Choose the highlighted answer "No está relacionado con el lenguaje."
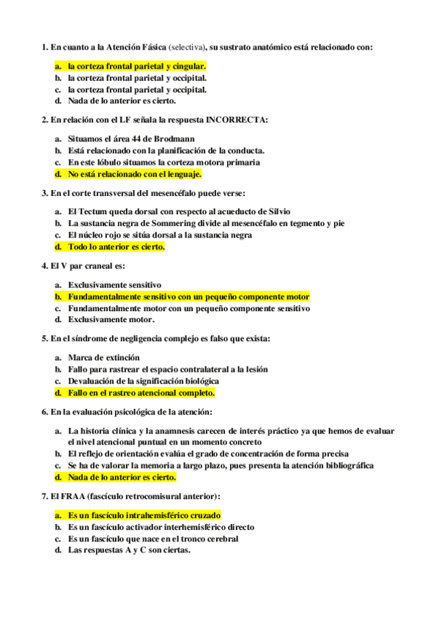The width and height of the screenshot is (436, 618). tap(135, 175)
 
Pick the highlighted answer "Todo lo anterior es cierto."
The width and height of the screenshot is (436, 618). tap(116, 247)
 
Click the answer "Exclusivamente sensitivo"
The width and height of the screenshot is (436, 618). tap(114, 284)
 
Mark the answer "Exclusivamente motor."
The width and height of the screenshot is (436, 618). tap(111, 319)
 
